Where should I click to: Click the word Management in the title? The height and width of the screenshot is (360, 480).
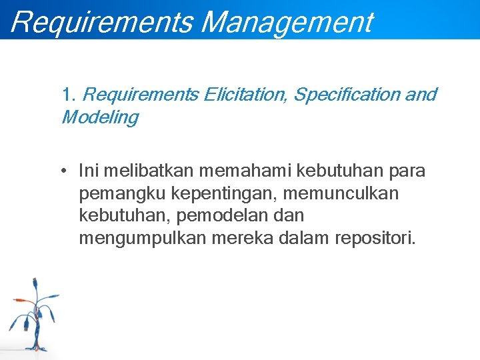[287, 21]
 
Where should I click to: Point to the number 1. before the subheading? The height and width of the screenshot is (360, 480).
[69, 95]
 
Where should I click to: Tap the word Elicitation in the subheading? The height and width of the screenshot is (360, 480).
[245, 95]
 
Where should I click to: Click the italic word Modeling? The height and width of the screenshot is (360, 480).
[100, 118]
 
